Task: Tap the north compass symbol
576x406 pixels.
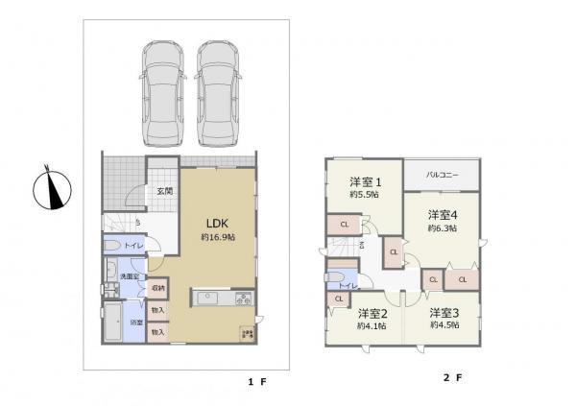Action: (52, 189)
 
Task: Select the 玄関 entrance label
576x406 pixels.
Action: (164, 192)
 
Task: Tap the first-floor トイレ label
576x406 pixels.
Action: (133, 246)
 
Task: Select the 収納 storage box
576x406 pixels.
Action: (157, 288)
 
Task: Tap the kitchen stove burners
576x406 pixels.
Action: (242, 299)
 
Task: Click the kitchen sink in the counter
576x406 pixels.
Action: (209, 299)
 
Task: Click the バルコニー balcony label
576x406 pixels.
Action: (441, 176)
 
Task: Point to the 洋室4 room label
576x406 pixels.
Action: (442, 215)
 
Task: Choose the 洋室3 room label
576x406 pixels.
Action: (443, 313)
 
